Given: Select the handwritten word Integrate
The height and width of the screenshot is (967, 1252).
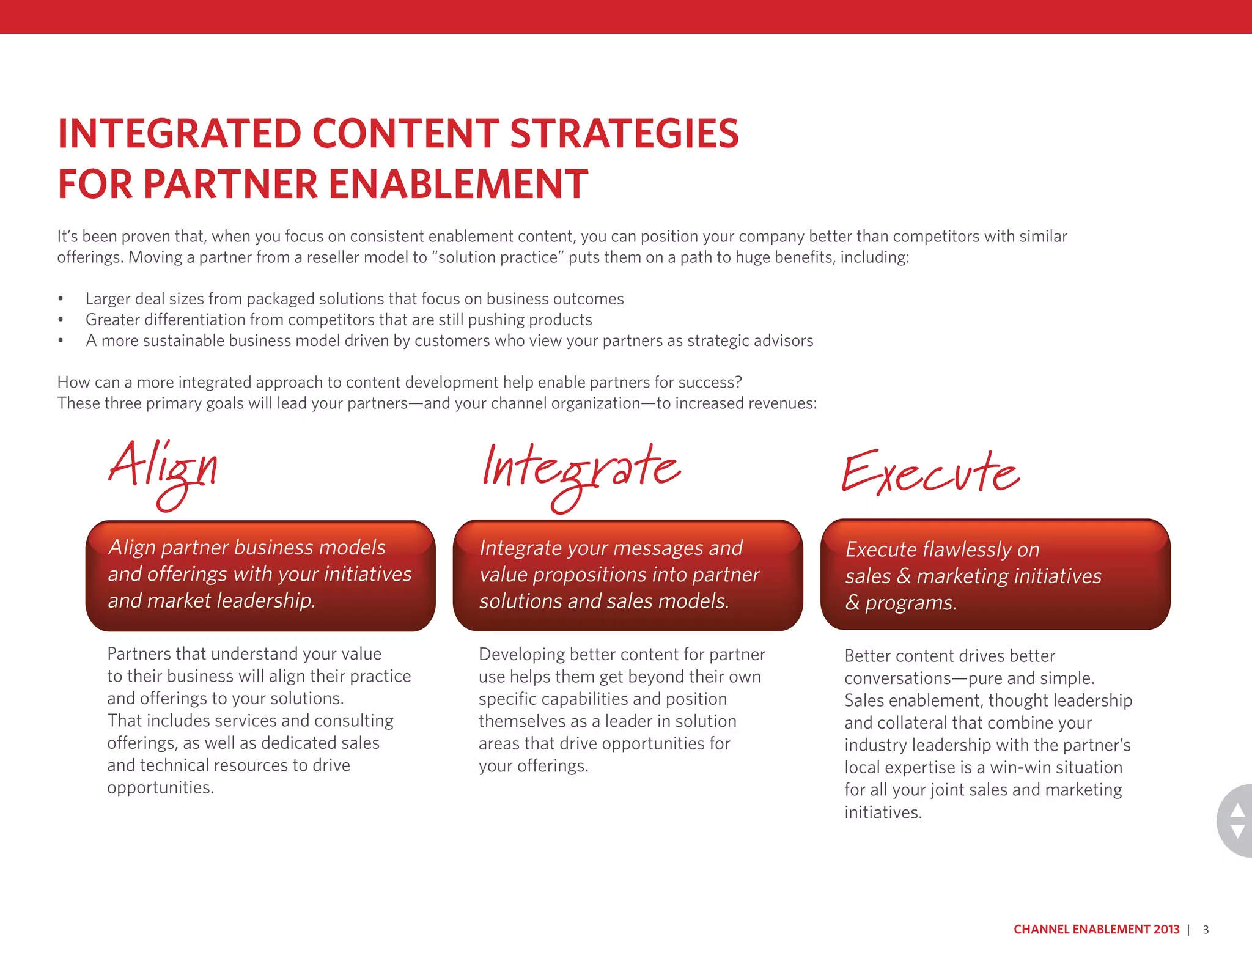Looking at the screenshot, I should (x=581, y=474).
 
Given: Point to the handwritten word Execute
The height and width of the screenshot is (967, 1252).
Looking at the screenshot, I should (x=930, y=474).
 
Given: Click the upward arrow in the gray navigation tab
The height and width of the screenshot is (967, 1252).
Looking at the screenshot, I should (x=1237, y=811).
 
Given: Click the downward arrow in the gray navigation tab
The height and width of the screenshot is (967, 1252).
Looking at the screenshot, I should (x=1237, y=832).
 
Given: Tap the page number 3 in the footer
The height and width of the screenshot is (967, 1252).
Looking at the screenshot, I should (x=1206, y=930).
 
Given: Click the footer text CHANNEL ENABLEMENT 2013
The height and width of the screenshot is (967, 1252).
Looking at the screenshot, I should (x=1096, y=930).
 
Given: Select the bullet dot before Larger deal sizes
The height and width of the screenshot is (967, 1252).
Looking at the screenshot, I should (x=61, y=299).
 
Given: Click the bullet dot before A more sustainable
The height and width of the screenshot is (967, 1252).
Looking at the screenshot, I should (x=61, y=340).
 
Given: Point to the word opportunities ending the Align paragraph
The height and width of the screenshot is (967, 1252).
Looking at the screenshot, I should (x=160, y=788).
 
